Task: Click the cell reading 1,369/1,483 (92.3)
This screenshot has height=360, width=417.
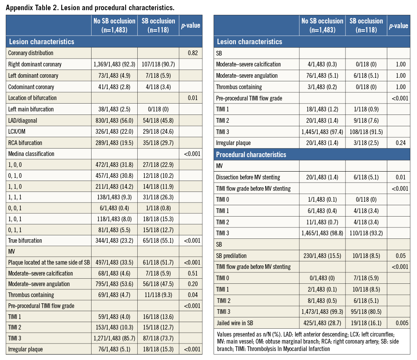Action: click(x=114, y=64)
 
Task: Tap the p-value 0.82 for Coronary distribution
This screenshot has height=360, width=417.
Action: click(x=191, y=53)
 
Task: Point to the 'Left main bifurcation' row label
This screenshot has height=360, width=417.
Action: click(x=31, y=109)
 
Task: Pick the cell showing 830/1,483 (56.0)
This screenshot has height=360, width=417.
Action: click(x=114, y=120)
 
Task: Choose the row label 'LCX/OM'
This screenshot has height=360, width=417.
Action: click(x=18, y=132)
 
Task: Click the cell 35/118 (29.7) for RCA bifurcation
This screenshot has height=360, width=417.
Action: click(x=158, y=143)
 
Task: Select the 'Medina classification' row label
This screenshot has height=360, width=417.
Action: click(x=31, y=154)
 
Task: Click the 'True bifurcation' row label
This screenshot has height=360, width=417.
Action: click(x=25, y=240)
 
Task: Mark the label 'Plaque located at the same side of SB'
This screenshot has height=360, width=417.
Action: click(x=49, y=262)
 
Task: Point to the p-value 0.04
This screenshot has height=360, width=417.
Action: click(x=191, y=295)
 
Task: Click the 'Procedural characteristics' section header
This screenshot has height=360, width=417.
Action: click(x=251, y=155)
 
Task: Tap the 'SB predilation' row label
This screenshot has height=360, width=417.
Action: click(x=232, y=256)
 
